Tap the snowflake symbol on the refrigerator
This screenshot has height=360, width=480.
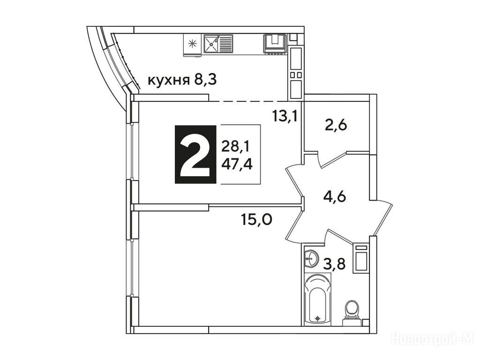(x=193, y=45)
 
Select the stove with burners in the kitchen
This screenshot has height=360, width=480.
(x=275, y=45)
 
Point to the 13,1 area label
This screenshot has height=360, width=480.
(x=285, y=116)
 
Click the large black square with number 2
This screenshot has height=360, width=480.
(x=195, y=154)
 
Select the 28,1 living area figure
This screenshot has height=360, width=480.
(x=235, y=147)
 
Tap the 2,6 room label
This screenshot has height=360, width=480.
(x=336, y=125)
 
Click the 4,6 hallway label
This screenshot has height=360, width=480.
(x=335, y=196)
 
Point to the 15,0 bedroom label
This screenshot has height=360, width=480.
(x=256, y=219)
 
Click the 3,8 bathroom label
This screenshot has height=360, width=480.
(x=335, y=264)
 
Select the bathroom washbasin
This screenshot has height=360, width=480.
(x=312, y=259)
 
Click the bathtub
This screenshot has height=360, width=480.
(x=318, y=299)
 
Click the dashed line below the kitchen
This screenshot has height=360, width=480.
(x=248, y=101)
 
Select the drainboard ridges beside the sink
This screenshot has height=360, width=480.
(x=226, y=43)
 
